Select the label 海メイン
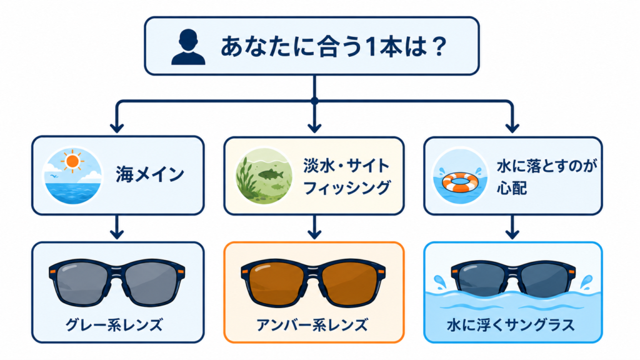150,175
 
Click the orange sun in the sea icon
72,161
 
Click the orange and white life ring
461,182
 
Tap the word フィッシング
347,188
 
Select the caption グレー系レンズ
114,325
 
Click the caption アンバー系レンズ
312,325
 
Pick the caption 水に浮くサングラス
511,325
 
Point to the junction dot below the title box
314,101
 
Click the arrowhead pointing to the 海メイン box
117,127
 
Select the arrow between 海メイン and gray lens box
117,227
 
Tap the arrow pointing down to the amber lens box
314,227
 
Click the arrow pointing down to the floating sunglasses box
512,227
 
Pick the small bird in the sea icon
53,176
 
